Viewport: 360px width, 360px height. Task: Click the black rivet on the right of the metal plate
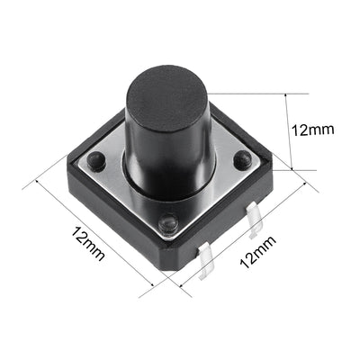point(242,159)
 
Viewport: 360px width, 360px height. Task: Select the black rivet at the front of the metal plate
point(166,223)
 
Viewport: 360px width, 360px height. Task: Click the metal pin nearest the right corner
point(253,221)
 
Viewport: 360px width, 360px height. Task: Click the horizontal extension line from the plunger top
point(252,92)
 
